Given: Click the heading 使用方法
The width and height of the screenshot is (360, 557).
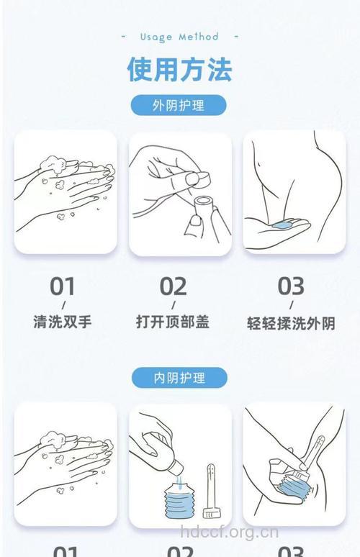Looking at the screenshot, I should (x=180, y=70).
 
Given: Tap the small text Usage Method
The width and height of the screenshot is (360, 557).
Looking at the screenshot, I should (x=179, y=37).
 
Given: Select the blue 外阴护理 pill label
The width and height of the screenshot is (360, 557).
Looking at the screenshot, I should (x=179, y=105).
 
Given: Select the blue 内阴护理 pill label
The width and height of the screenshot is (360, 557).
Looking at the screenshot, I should (x=179, y=378).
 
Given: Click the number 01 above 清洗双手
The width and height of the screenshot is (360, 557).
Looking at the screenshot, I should (x=63, y=286).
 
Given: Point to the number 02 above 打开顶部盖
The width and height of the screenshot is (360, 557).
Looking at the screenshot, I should (x=173, y=286).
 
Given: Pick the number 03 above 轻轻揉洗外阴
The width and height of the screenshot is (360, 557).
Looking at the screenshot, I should (x=291, y=286).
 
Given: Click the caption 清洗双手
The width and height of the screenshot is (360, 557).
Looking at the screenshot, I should (x=63, y=322).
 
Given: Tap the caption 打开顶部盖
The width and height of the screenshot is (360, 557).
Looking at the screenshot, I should (x=173, y=322).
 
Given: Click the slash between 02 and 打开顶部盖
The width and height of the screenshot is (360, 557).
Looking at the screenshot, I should (x=173, y=305).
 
